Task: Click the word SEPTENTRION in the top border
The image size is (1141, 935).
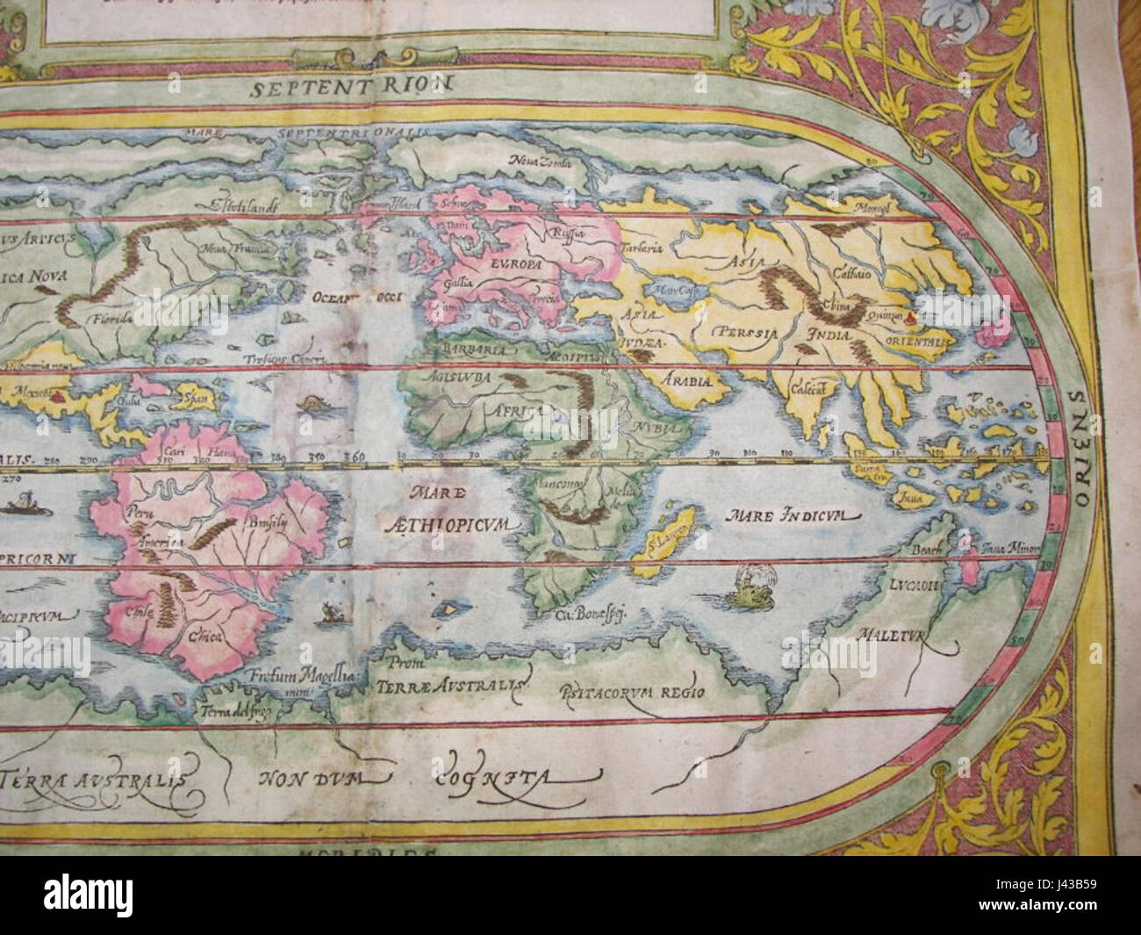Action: tap(348, 86)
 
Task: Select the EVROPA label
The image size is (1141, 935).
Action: tap(491, 261)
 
